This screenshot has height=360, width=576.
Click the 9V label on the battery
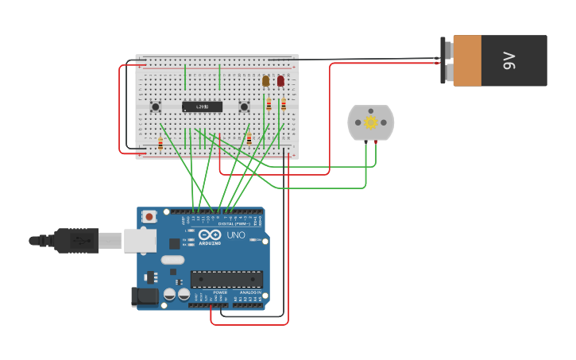(509, 60)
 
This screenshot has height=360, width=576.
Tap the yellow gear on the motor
(370, 122)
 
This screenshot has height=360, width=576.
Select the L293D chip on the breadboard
(202, 106)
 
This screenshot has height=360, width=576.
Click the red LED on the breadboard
(280, 81)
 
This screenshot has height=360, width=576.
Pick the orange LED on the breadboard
(266, 81)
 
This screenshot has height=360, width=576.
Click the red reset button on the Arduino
(149, 216)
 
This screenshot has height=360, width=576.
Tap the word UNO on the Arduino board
(236, 235)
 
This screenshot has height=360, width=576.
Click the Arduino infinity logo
(210, 235)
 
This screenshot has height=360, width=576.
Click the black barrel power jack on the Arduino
(144, 296)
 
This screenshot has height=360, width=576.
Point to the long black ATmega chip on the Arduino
(226, 279)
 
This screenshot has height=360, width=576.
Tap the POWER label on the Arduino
(220, 292)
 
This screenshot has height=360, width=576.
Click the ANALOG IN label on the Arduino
(250, 292)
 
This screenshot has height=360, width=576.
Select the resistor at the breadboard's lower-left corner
(160, 144)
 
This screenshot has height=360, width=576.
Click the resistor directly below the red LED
(283, 104)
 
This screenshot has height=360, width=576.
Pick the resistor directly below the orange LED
(269, 104)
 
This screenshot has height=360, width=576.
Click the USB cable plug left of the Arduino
(76, 239)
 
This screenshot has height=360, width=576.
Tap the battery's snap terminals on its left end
(447, 61)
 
